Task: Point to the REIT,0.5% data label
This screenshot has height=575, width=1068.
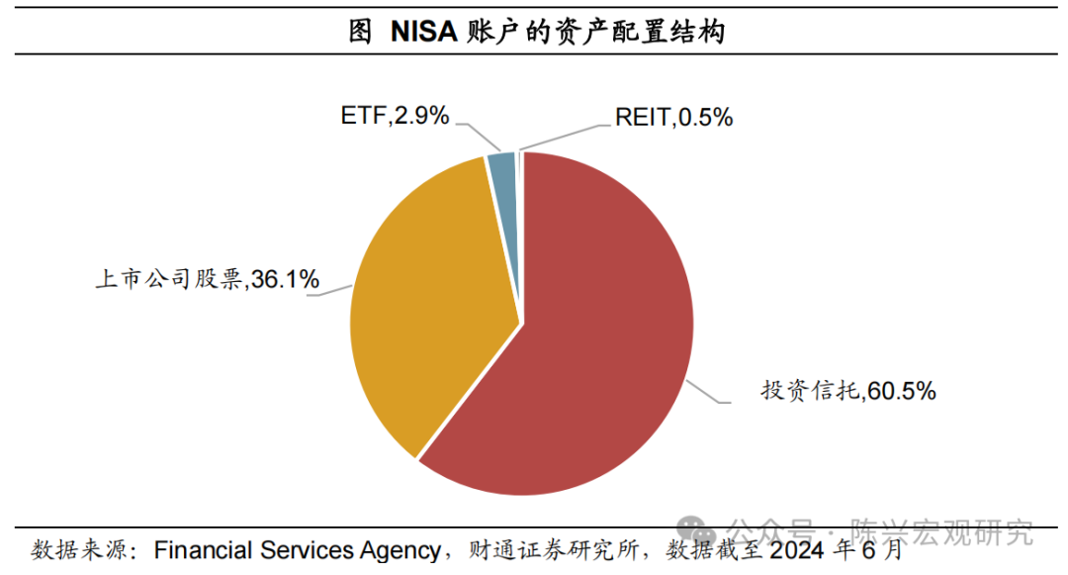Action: tap(673, 118)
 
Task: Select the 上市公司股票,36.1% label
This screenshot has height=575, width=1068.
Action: tap(207, 281)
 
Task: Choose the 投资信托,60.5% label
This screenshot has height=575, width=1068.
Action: tap(847, 391)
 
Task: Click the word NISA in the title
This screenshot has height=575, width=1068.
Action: tap(422, 32)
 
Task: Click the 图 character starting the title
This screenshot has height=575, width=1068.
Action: tap(360, 32)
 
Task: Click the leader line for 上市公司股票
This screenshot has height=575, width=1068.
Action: tap(337, 288)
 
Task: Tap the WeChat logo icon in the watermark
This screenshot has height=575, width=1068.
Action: tap(703, 532)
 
